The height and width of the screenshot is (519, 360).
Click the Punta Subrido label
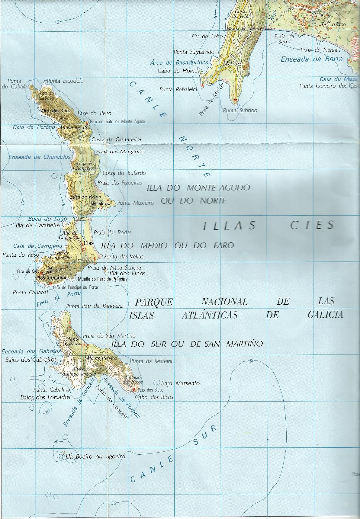pos(240,110)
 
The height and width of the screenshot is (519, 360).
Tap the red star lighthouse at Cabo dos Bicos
pos(134,389)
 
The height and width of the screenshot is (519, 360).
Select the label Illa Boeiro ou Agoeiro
pos(95,457)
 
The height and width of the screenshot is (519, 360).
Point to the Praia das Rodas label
pos(113,232)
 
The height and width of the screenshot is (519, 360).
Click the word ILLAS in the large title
pos(230,225)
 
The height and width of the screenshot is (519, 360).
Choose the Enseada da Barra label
pos(312,59)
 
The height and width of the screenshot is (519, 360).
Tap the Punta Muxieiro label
pos(135,203)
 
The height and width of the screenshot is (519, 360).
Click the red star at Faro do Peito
pos(87,123)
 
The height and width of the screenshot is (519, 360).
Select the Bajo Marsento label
pos(180,383)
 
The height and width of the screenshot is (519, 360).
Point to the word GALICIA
pos(325,314)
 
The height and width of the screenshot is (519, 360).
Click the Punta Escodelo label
pos(65,81)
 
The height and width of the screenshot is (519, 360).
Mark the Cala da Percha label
pos(34,127)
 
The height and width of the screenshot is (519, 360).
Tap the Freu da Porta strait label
pos(58,298)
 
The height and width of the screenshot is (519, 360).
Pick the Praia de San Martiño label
pos(109,336)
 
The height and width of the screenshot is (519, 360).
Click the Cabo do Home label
pos(177,71)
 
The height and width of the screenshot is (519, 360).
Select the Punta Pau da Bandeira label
pos(94,306)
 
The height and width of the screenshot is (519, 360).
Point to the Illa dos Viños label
pos(127,273)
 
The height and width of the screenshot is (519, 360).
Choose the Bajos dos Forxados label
pos(45,397)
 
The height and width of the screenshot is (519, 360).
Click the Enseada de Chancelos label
pos(39,157)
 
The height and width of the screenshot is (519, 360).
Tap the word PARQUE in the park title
pos(154,302)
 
